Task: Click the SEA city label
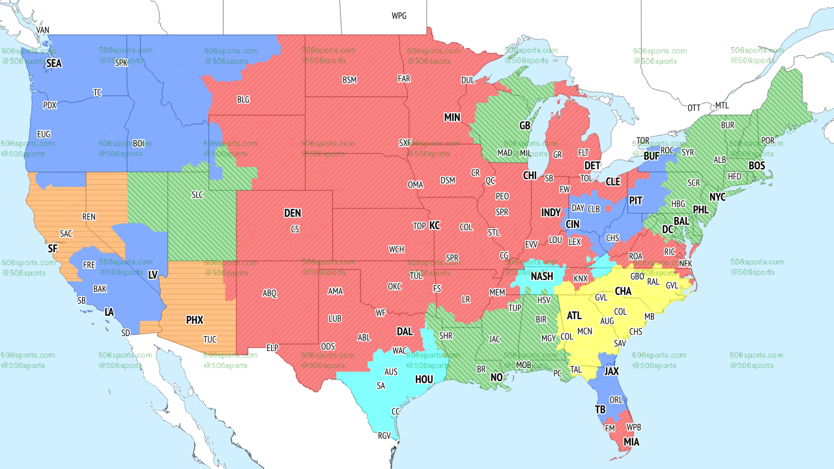54,63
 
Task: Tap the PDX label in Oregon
50,105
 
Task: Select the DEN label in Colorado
293,213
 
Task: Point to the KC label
435,225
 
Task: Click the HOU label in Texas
424,379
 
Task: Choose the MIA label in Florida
631,442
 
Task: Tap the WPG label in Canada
399,16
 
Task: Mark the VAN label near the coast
43,30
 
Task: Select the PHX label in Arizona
195,320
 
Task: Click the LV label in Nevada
153,275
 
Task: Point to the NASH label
541,276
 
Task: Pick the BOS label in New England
756,166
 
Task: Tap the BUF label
652,156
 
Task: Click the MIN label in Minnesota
452,117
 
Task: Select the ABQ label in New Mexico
270,293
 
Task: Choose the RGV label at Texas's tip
384,436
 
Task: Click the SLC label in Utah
197,195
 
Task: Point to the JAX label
611,371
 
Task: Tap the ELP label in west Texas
272,348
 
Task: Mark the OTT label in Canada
695,107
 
